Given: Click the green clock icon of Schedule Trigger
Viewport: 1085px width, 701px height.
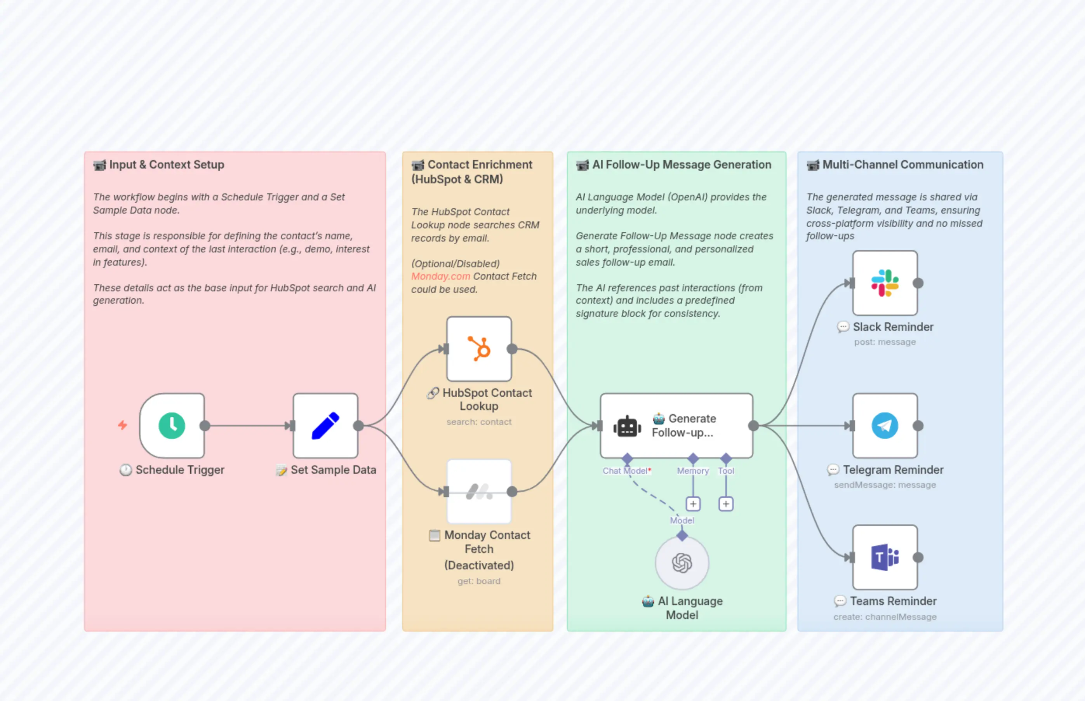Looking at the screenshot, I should tap(172, 426).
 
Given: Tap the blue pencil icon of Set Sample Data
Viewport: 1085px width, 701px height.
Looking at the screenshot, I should tap(325, 426).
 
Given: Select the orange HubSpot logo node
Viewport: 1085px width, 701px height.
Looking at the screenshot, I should tap(479, 349).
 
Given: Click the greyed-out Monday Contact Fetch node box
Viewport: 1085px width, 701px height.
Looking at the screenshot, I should tap(479, 491).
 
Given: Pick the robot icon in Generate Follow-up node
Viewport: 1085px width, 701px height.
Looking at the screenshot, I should tap(627, 426).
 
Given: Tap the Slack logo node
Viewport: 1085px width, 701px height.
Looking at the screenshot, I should tap(884, 283).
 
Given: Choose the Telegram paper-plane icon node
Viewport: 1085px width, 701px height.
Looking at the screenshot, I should tap(884, 426).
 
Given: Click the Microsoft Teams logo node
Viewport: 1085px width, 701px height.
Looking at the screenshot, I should tap(884, 557).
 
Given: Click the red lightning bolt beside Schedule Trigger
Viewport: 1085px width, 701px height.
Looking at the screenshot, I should tap(122, 425).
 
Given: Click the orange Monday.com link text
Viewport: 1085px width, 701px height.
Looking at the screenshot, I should tap(440, 276).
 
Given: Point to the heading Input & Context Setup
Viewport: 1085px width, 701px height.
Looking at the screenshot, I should tap(166, 164).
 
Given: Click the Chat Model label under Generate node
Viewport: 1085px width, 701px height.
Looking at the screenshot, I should tap(624, 471).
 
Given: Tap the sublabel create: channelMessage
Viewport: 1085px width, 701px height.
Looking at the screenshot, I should tap(884, 617).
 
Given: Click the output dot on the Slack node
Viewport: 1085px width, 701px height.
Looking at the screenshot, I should tap(918, 283).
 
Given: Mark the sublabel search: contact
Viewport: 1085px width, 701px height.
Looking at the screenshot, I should tap(479, 422).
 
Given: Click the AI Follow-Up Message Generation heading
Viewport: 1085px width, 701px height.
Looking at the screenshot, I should tap(681, 164).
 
